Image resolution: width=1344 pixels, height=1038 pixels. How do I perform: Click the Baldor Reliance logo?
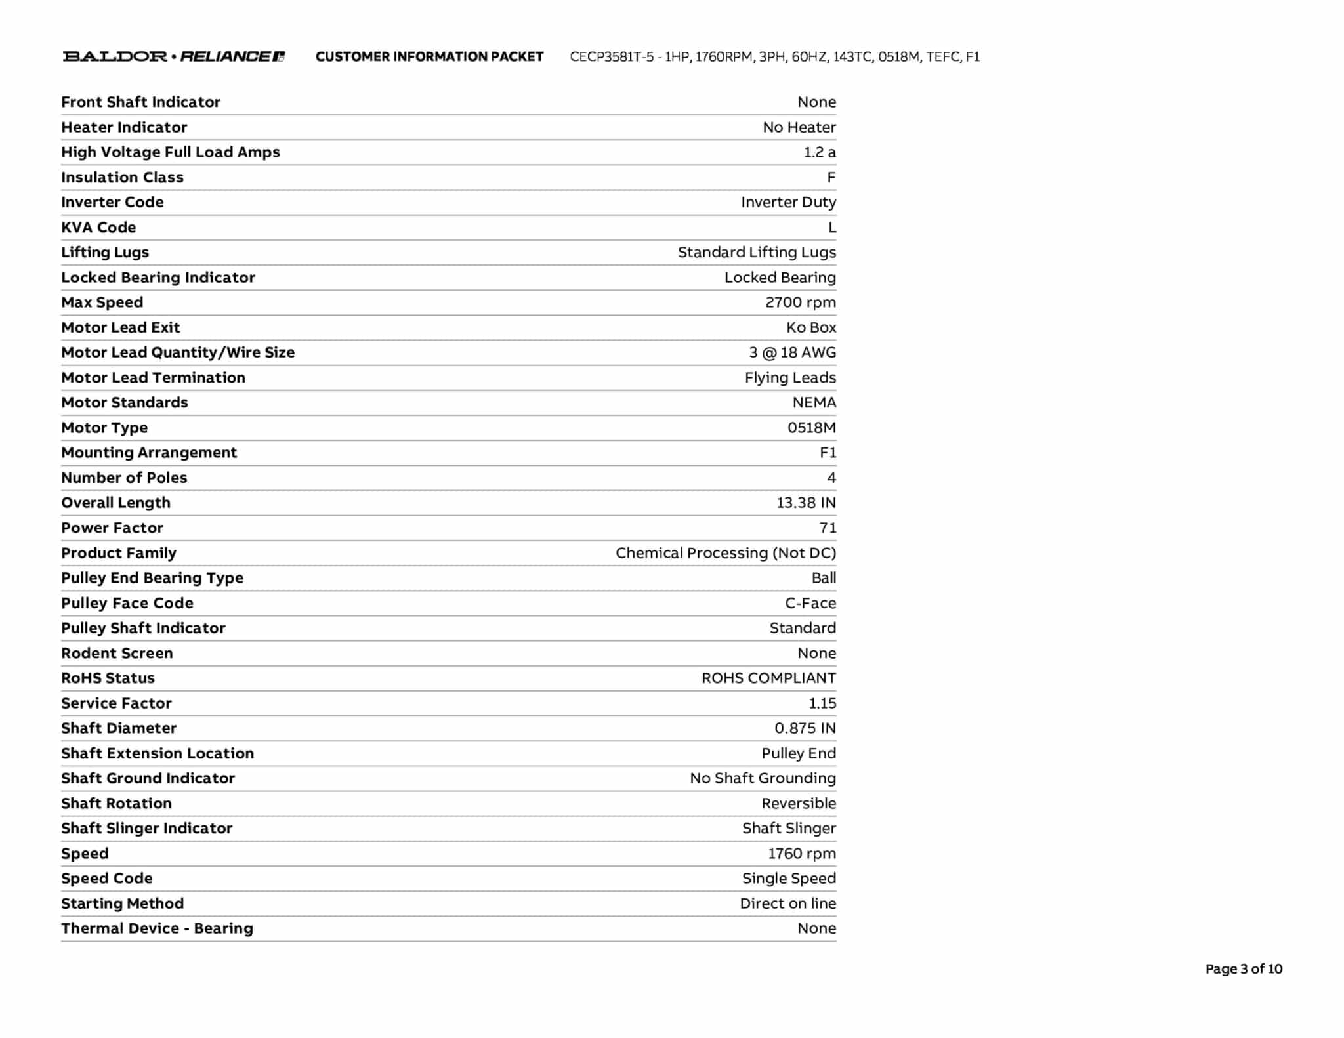coord(173,56)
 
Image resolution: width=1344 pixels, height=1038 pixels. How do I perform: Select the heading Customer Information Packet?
coord(429,57)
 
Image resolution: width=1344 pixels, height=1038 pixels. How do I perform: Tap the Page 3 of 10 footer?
coord(1243,969)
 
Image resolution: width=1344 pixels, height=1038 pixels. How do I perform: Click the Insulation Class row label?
coord(122,177)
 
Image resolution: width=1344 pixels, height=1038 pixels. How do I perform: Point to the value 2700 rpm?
coord(800,302)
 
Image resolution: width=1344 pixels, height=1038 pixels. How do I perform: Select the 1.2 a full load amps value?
coord(819,152)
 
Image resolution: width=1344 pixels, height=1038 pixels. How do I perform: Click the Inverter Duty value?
coord(787,202)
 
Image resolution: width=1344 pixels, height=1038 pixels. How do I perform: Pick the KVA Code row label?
coord(98,227)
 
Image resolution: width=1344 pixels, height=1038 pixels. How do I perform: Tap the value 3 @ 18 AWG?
coord(792,352)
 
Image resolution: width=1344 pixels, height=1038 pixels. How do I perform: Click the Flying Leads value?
coord(789,377)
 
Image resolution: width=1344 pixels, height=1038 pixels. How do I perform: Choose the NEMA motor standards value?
coord(814,402)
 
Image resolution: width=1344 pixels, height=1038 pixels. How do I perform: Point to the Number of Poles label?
coord(124,478)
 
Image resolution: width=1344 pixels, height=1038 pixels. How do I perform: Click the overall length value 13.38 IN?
coord(805,503)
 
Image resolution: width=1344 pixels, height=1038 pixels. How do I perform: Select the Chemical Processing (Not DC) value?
coord(725,553)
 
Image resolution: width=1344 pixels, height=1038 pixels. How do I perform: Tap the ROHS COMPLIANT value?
coord(768,678)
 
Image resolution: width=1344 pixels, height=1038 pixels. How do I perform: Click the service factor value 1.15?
coord(822,703)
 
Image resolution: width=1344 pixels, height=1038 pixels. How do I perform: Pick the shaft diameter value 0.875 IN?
coord(805,728)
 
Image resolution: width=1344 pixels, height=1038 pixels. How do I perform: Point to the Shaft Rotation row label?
coord(116,803)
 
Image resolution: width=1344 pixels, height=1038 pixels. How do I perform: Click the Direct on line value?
coord(787,903)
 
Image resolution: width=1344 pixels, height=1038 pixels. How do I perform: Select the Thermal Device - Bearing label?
coord(157,928)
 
